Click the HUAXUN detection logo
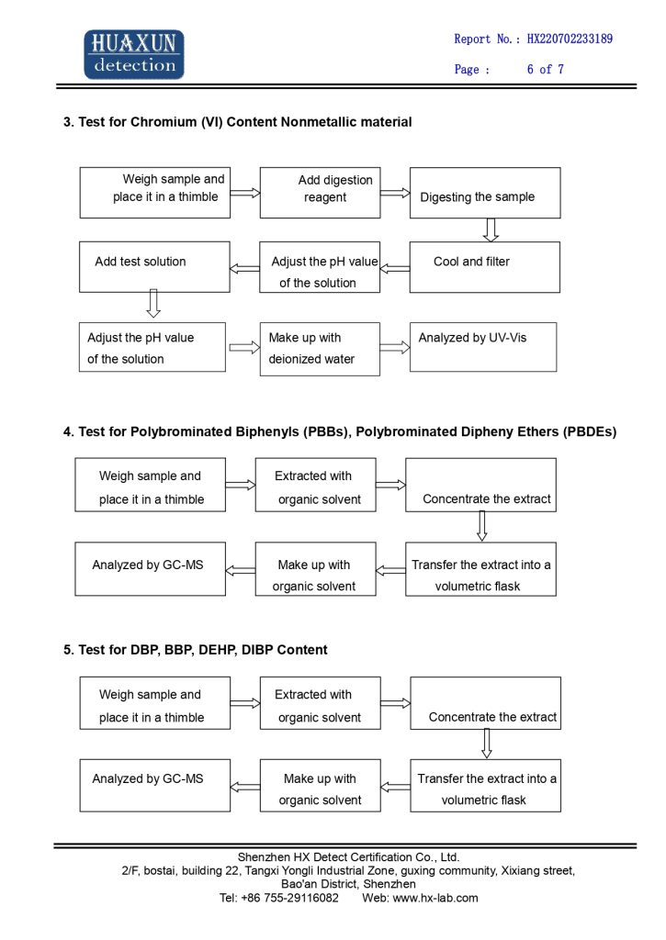(x=134, y=54)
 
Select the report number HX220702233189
(x=570, y=39)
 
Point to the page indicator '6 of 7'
(x=546, y=69)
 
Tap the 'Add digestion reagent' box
(x=320, y=193)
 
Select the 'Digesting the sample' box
(x=485, y=193)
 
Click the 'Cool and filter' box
(x=485, y=267)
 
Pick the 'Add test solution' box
(x=154, y=267)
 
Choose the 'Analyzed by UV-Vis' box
(x=483, y=347)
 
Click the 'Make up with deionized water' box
(x=320, y=349)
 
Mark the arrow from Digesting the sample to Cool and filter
(x=491, y=230)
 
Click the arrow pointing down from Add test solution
(x=153, y=303)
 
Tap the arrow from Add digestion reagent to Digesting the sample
(x=395, y=193)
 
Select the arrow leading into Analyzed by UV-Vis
(x=395, y=348)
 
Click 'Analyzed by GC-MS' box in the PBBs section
(x=150, y=569)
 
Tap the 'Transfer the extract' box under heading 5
(x=485, y=786)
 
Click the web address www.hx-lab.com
(x=435, y=898)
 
